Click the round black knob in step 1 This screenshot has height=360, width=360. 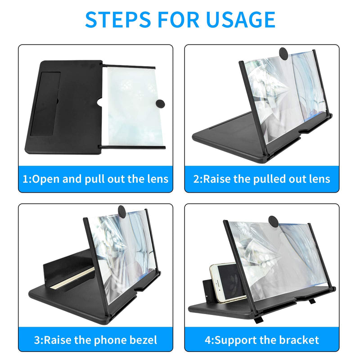[x=160, y=104]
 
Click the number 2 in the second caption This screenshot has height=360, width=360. [x=197, y=179]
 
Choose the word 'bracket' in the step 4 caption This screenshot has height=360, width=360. [x=297, y=339]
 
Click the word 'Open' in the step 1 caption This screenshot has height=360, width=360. [x=46, y=179]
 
